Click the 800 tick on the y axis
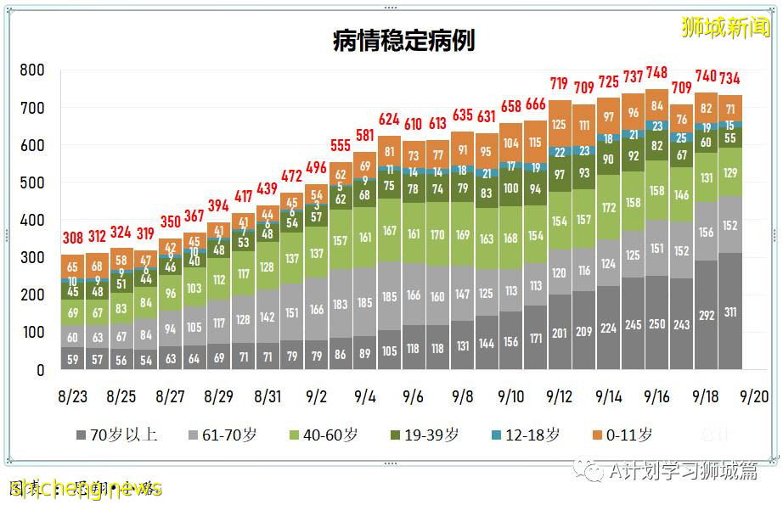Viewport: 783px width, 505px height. (x=32, y=70)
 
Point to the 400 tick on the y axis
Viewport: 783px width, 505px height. (x=32, y=221)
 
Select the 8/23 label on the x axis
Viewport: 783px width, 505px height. (x=73, y=396)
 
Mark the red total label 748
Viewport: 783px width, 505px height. (x=656, y=73)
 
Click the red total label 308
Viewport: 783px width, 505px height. (x=73, y=238)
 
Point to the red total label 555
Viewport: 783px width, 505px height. (x=341, y=145)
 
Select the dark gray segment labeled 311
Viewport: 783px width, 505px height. (x=729, y=312)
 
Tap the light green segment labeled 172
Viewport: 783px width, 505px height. (x=608, y=207)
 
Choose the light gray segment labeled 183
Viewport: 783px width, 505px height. (x=341, y=304)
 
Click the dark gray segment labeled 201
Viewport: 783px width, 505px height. (x=559, y=333)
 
